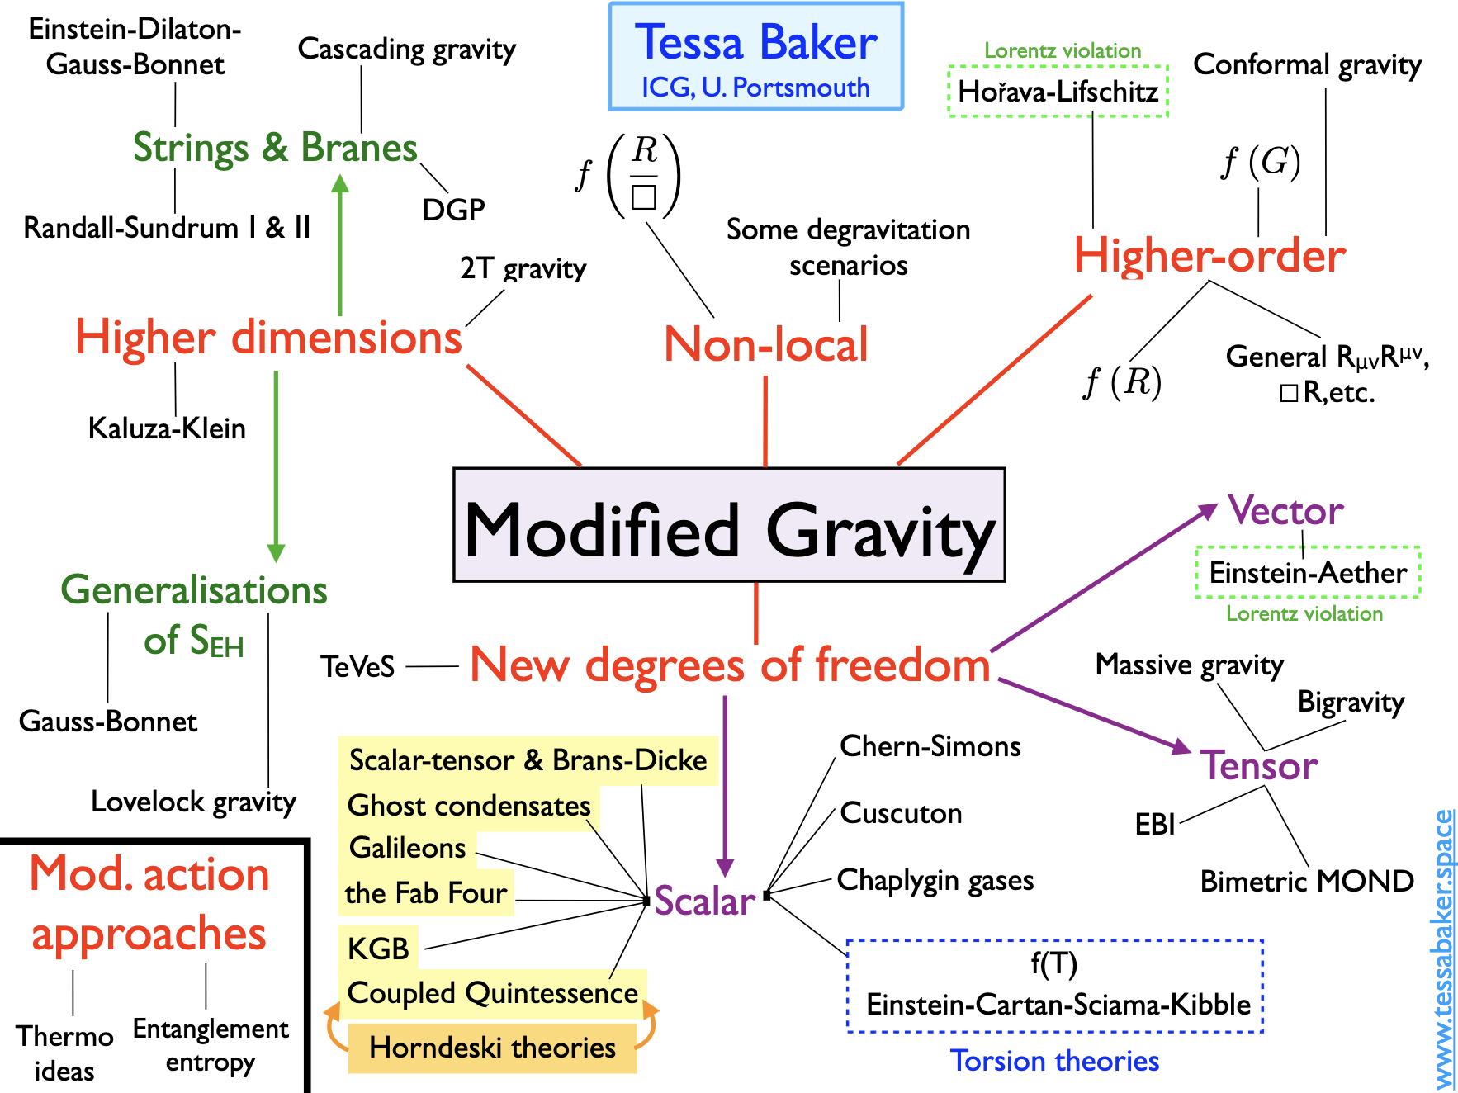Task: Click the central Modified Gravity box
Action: coord(729,525)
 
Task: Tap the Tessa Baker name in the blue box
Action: coord(755,43)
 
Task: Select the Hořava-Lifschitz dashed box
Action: coord(1058,91)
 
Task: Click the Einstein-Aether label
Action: coord(1308,572)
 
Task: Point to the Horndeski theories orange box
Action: coord(493,1048)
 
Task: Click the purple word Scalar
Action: coord(705,901)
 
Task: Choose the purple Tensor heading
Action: coord(1259,765)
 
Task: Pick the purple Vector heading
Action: coord(1285,511)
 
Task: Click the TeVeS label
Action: coord(357,666)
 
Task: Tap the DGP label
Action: coord(453,210)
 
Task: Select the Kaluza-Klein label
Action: coord(167,428)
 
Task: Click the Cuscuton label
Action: coord(901,813)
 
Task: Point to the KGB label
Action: coord(378,949)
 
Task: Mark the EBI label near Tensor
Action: coord(1154,824)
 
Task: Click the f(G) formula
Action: coord(1262,162)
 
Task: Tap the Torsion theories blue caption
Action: coord(1054,1061)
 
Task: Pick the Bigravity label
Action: coord(1351,702)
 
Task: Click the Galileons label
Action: coord(408,848)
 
